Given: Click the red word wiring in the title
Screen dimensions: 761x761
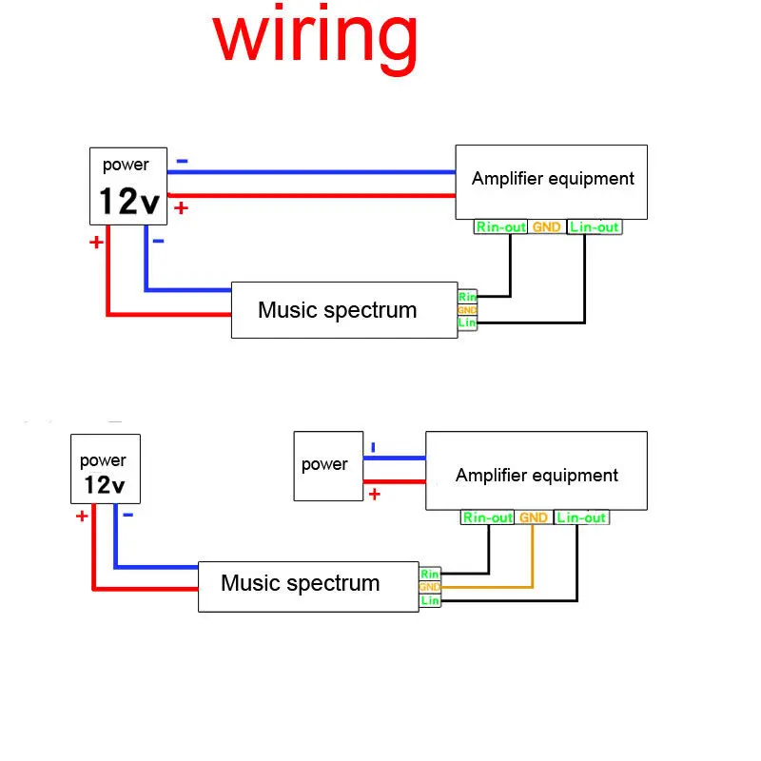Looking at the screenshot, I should click(x=315, y=38).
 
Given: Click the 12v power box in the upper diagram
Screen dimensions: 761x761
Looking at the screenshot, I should click(x=128, y=184).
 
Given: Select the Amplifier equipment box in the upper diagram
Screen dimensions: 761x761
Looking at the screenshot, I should click(x=552, y=181).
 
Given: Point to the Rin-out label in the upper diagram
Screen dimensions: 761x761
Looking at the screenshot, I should click(x=500, y=227).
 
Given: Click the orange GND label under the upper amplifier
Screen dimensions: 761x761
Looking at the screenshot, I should click(x=547, y=227).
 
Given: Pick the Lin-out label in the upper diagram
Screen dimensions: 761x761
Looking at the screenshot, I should click(x=595, y=227).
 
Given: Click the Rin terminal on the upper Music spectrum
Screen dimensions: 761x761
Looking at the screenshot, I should click(x=467, y=297).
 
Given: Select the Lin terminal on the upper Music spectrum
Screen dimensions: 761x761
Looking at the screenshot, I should click(x=467, y=323).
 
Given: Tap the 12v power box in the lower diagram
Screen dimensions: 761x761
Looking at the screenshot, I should click(x=105, y=469).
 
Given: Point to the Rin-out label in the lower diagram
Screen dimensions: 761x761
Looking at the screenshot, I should click(x=488, y=518).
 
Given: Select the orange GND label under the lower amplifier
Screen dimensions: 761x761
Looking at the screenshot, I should click(x=534, y=518).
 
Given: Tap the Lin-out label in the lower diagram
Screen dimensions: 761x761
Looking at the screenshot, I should click(x=581, y=518).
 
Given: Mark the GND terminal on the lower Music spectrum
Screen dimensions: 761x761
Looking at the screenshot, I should click(x=430, y=587).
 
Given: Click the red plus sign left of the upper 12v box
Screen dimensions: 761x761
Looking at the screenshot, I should click(x=96, y=243).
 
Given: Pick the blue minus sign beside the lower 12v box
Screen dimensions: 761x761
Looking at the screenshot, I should click(x=127, y=515).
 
